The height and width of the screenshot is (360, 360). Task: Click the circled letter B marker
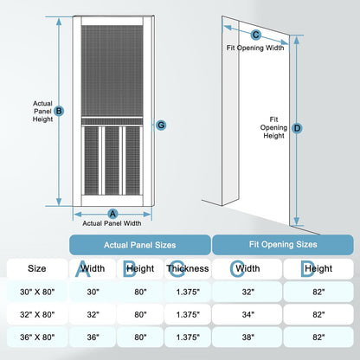point(59,111)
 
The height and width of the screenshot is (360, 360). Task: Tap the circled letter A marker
point(112,214)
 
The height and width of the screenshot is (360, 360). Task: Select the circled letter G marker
point(161,125)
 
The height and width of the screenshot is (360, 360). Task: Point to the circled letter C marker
point(255,35)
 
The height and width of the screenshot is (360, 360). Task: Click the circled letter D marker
point(297,128)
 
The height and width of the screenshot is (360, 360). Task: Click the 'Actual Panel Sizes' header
point(140,245)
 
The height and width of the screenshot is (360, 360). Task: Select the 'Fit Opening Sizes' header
point(283,245)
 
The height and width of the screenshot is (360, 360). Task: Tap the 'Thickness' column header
point(188,268)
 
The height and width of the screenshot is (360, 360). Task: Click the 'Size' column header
point(37,268)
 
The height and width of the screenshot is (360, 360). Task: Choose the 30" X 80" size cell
point(37,292)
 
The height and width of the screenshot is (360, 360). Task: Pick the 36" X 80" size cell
point(37,337)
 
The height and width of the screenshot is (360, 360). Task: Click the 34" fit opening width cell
point(247,314)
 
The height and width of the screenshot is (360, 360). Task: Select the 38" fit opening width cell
point(247,337)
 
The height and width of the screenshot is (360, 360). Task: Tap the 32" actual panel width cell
point(93,314)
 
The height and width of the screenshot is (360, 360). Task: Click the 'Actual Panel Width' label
point(112,223)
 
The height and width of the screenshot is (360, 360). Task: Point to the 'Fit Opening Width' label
point(255,48)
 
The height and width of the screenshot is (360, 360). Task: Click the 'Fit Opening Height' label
point(273,127)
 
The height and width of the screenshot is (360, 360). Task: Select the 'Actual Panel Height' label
point(42,112)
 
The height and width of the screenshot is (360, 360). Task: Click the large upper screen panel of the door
point(112,71)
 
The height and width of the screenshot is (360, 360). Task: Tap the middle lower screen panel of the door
point(112,160)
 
